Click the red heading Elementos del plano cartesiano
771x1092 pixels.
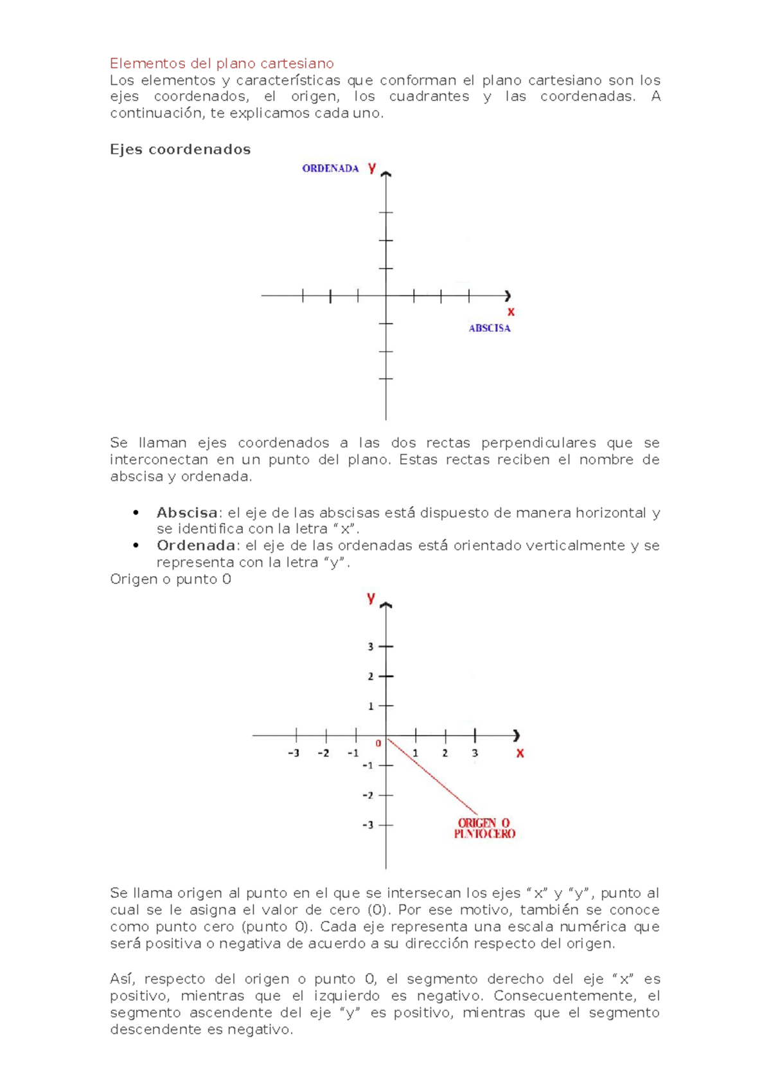point(222,63)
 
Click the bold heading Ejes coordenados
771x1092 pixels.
point(180,149)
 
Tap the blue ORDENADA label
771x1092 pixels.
point(330,168)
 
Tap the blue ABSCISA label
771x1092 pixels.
point(489,328)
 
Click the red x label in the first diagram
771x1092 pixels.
point(511,312)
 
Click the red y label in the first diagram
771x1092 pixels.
point(371,168)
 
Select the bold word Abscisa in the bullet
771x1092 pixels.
point(187,513)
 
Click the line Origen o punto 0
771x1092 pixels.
point(170,579)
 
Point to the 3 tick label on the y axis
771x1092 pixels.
point(370,646)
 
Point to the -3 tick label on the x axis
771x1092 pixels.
point(293,753)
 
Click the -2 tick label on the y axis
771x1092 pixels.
point(368,796)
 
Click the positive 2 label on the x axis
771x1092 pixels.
point(445,753)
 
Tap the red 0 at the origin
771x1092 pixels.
point(378,743)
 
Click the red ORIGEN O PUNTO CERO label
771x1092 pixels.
point(484,828)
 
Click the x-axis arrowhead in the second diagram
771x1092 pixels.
point(516,735)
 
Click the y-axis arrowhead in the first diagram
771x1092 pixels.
point(386,174)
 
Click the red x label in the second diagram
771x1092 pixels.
point(520,753)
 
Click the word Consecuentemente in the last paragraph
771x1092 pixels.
point(563,996)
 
